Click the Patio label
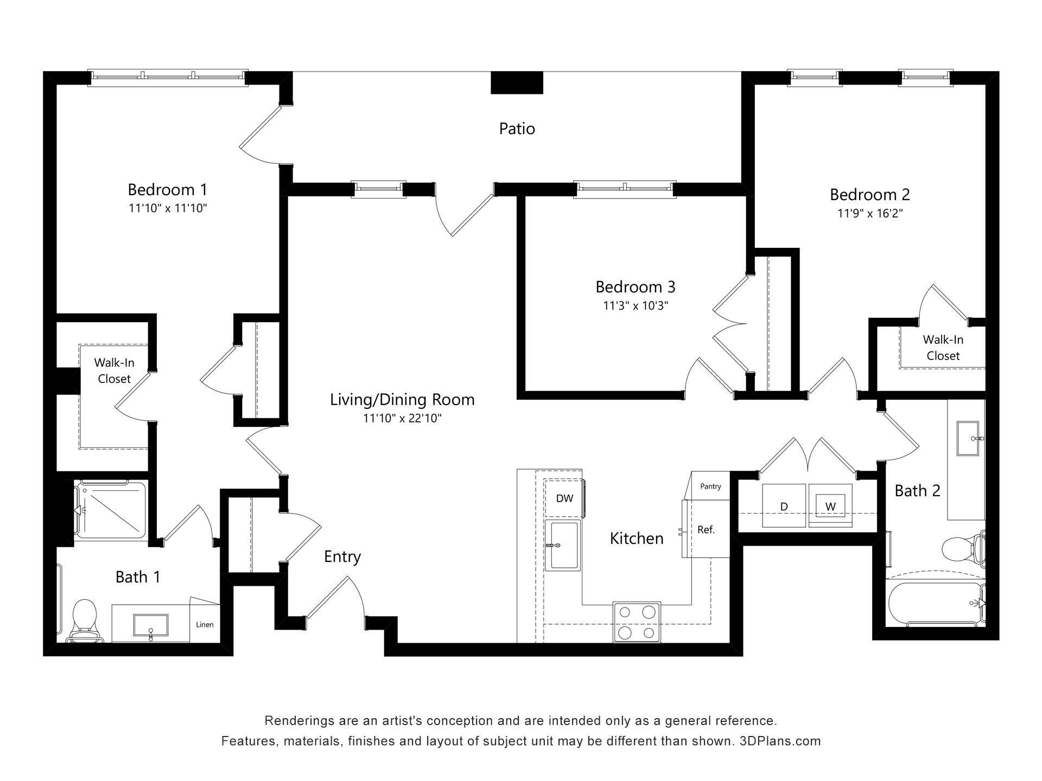click(x=517, y=129)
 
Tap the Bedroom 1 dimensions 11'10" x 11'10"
click(x=168, y=208)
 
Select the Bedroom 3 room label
click(x=635, y=286)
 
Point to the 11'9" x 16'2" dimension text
click(x=869, y=213)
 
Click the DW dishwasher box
click(x=564, y=498)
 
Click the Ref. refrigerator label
click(x=706, y=529)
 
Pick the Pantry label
click(x=710, y=486)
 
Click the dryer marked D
click(x=784, y=506)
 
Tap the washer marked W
click(x=830, y=506)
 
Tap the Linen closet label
click(x=205, y=624)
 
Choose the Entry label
click(x=342, y=556)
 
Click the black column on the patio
click(x=517, y=82)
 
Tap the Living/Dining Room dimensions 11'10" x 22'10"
click(x=402, y=418)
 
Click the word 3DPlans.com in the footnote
click(x=780, y=741)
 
